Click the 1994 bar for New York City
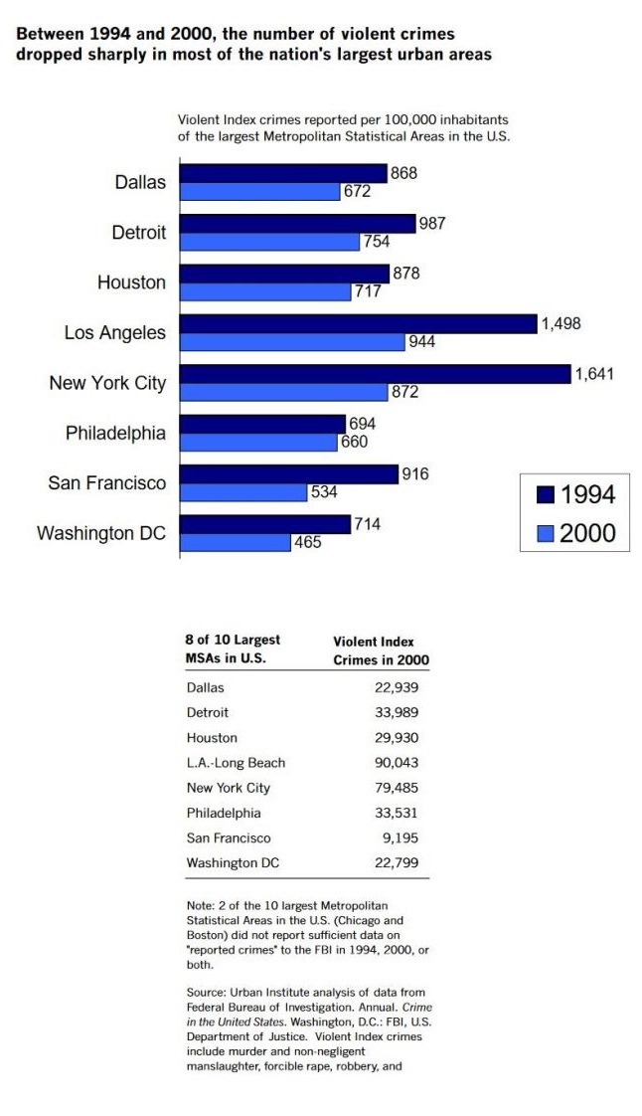[x=376, y=374]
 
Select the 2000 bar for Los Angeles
[x=292, y=342]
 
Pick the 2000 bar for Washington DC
[x=235, y=543]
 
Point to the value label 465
[x=307, y=543]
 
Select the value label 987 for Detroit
[x=432, y=223]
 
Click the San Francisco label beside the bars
[x=107, y=483]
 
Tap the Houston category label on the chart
[x=131, y=282]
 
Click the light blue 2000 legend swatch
[x=544, y=534]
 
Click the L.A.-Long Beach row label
[x=236, y=763]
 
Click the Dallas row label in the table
[x=206, y=687]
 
